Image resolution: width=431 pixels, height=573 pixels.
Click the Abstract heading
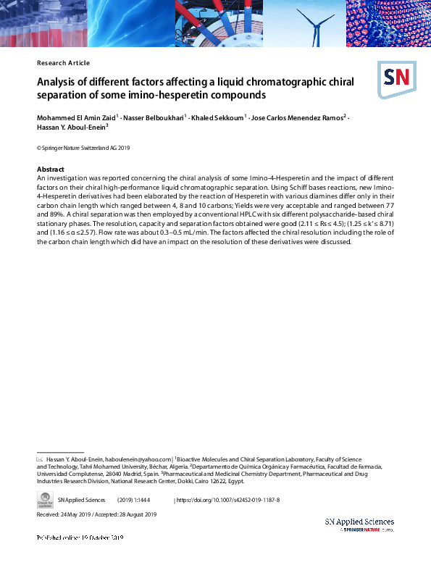51,170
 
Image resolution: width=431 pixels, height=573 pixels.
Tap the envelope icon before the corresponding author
40,459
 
